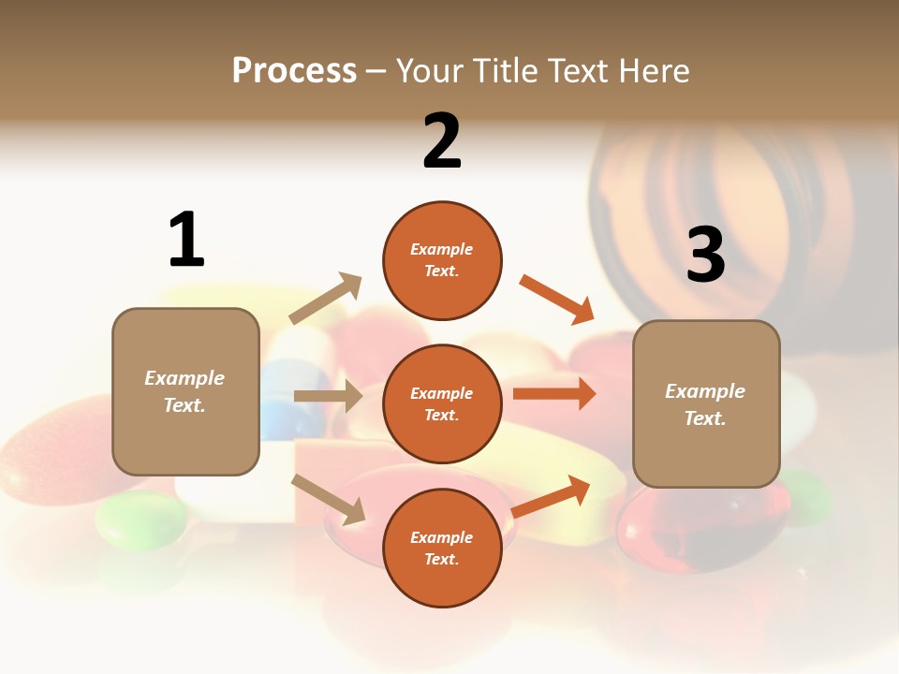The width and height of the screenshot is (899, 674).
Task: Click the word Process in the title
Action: (294, 71)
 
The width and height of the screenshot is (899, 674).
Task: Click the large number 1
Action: (186, 240)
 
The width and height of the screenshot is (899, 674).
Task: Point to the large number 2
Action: (442, 141)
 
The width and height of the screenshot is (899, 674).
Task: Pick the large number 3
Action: (706, 255)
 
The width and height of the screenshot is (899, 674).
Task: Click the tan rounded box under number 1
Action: (185, 391)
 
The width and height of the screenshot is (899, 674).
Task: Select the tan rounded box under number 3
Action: (706, 404)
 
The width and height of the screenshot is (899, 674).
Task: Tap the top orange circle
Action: (442, 260)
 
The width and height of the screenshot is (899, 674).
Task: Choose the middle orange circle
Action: (442, 404)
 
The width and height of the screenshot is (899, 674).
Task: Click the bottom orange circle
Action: (442, 549)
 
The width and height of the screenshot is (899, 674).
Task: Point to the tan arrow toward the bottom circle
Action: (329, 499)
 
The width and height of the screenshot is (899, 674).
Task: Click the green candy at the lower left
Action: (140, 520)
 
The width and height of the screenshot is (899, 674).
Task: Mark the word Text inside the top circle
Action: (442, 271)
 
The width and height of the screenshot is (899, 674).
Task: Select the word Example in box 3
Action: (705, 391)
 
